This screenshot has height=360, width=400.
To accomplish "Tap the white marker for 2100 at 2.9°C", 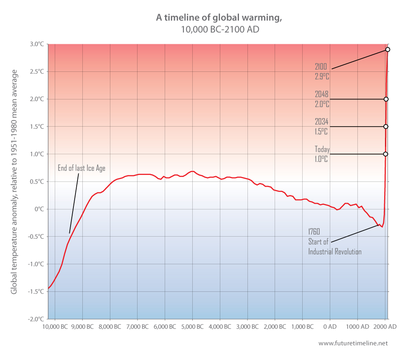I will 387,49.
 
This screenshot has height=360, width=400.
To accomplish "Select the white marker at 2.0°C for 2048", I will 386,99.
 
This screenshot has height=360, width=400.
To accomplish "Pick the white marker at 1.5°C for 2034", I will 386,126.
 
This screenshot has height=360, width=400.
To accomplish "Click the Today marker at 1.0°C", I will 385,154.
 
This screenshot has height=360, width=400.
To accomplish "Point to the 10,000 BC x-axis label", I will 55,326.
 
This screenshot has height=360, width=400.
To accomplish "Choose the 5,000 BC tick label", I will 192,326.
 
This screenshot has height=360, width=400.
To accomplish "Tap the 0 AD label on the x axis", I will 330,326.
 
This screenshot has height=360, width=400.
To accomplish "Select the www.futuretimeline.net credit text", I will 353,343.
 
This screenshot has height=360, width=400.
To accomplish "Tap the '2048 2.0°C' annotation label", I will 322,99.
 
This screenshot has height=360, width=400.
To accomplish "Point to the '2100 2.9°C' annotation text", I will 322,71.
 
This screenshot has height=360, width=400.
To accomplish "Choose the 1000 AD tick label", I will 357,326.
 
